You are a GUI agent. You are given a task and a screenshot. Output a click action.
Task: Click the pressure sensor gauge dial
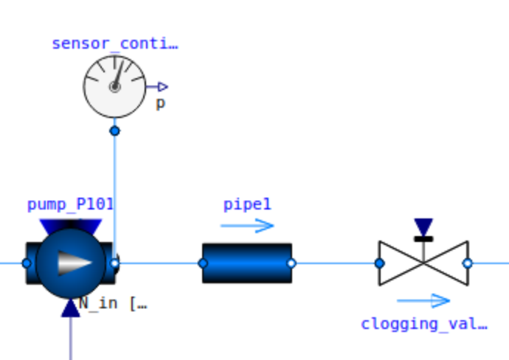[x=114, y=86]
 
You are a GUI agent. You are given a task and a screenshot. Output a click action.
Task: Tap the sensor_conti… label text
[x=114, y=44]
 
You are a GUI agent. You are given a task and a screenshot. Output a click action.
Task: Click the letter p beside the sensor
[x=160, y=103]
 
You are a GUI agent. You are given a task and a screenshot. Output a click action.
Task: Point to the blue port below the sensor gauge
[x=114, y=131]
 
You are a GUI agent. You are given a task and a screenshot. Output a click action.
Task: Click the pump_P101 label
[x=70, y=204]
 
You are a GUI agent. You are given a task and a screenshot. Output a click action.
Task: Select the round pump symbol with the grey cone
[x=71, y=263]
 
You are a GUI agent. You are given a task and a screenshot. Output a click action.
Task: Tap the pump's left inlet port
[x=27, y=263]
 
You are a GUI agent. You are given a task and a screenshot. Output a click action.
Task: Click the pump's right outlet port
[x=114, y=263]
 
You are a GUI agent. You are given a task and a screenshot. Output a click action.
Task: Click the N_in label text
[x=113, y=303]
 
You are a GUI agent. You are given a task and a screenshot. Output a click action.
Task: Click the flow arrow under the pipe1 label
[x=247, y=226]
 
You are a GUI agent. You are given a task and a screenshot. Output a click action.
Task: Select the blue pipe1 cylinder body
[x=247, y=263]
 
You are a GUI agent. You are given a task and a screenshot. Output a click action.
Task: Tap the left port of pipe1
[x=203, y=263]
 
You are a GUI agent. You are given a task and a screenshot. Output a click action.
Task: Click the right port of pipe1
[x=291, y=263]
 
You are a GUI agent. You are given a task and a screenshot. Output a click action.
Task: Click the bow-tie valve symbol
[x=423, y=263]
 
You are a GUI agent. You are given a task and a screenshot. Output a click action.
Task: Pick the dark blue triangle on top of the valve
[x=423, y=226]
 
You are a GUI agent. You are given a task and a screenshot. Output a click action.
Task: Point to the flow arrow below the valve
[x=423, y=300]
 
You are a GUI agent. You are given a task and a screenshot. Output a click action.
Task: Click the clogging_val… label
[x=423, y=323]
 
